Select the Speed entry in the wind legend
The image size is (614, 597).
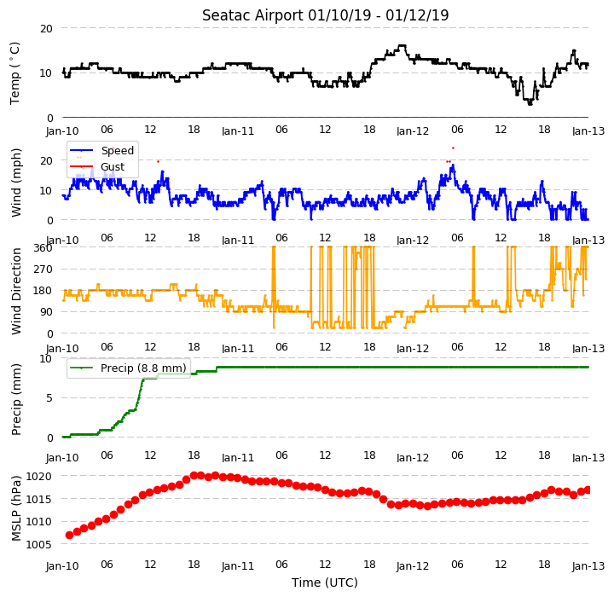click(101, 150)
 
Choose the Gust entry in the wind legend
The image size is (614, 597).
click(97, 166)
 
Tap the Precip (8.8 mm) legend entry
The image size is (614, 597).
click(128, 368)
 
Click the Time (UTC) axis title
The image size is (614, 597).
click(325, 583)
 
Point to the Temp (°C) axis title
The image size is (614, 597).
click(14, 73)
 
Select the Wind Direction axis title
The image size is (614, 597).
click(16, 291)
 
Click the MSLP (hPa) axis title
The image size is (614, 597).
click(16, 508)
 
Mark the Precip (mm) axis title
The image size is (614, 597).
click(16, 400)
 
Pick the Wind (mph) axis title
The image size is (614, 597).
click(16, 183)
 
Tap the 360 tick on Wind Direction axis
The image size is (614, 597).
click(43, 247)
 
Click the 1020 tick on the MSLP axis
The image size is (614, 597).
click(38, 477)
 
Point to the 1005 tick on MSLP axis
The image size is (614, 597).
click(38, 544)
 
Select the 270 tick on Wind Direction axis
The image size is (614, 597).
click(43, 270)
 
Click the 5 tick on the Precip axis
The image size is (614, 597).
click(49, 398)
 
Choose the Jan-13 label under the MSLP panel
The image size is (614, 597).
click(588, 566)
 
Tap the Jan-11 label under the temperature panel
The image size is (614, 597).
click(238, 130)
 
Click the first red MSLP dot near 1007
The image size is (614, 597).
click(69, 535)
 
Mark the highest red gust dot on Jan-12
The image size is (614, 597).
click(453, 148)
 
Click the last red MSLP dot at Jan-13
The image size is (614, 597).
click(588, 490)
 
